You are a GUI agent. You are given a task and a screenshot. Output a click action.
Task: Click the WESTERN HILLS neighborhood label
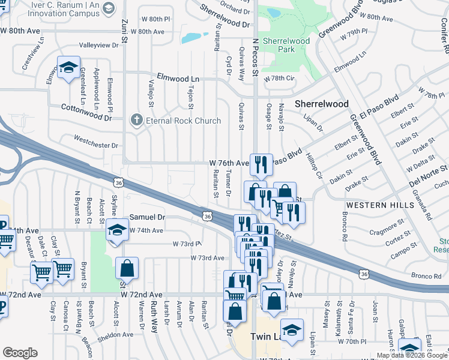(x=381, y=205)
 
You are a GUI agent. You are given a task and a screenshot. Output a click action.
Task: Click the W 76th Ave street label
(x=229, y=163)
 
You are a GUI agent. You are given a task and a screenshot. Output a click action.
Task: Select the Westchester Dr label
(x=95, y=141)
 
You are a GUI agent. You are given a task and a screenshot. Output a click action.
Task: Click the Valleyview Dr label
(x=100, y=45)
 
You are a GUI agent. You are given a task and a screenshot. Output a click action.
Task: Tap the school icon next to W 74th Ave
(x=117, y=230)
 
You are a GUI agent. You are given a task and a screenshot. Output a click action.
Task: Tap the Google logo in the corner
(x=20, y=353)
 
